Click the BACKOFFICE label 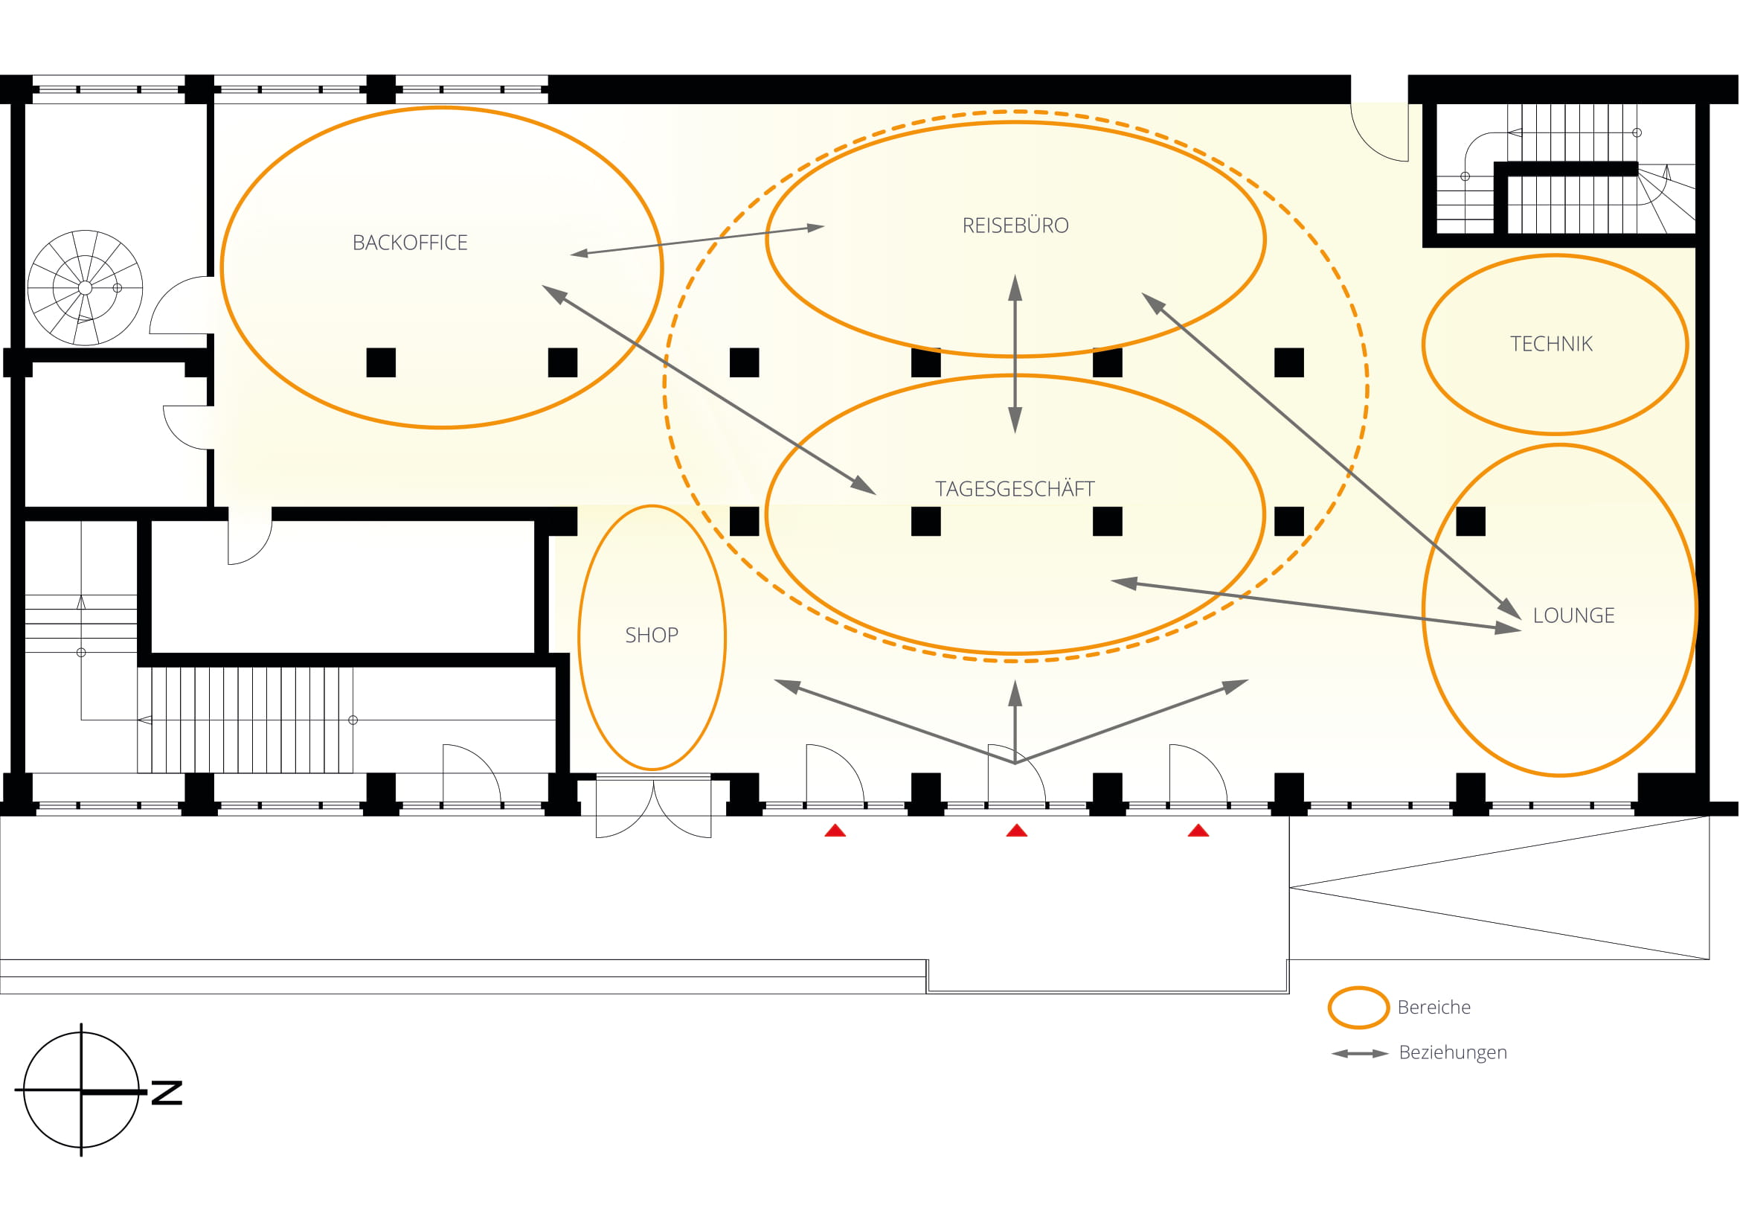(x=410, y=243)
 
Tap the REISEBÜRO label (x=1015, y=225)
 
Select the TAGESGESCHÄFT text (x=1015, y=488)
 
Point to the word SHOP (x=652, y=635)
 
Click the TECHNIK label (x=1551, y=344)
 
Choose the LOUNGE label (x=1573, y=615)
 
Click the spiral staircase (x=85, y=288)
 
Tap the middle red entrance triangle (x=1016, y=831)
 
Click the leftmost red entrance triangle (x=835, y=831)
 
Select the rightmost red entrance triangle (x=1198, y=831)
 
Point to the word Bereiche (x=1434, y=1008)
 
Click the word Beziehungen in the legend (x=1453, y=1053)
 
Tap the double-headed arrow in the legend (x=1360, y=1053)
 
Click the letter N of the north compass (x=167, y=1093)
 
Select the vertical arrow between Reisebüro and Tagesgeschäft (x=1015, y=354)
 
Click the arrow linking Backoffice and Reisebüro (x=697, y=240)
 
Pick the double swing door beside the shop (x=653, y=808)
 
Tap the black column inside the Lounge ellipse (x=1471, y=522)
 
